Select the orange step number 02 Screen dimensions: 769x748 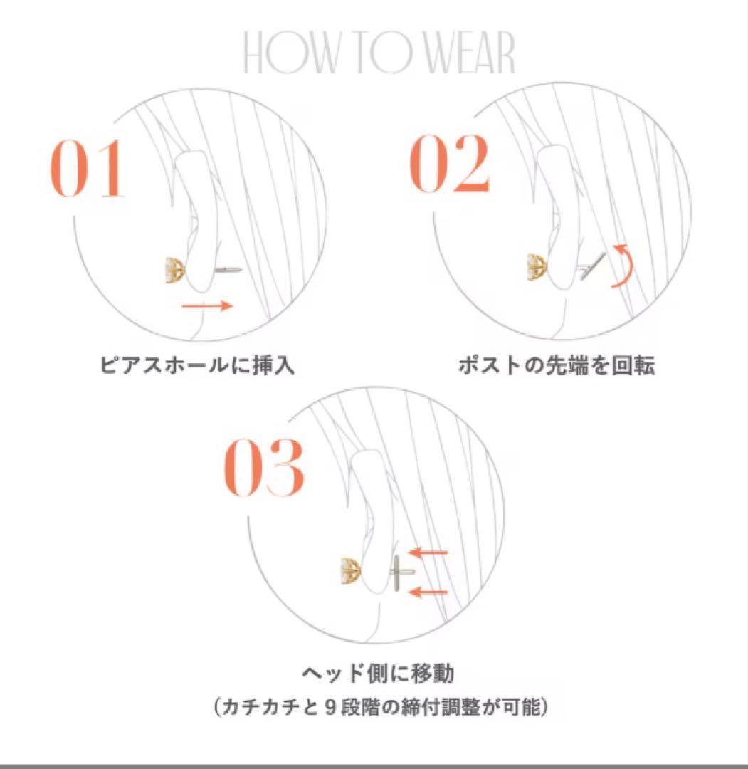pos(451,165)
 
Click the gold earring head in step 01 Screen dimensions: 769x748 pos(174,270)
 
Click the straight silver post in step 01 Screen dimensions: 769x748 pos(228,270)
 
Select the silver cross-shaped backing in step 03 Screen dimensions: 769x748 pos(399,572)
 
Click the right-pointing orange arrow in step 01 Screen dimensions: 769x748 pos(206,305)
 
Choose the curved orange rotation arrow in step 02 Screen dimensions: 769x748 pos(623,266)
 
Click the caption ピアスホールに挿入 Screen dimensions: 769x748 pos(196,366)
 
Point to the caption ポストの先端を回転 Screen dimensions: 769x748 pos(556,366)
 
